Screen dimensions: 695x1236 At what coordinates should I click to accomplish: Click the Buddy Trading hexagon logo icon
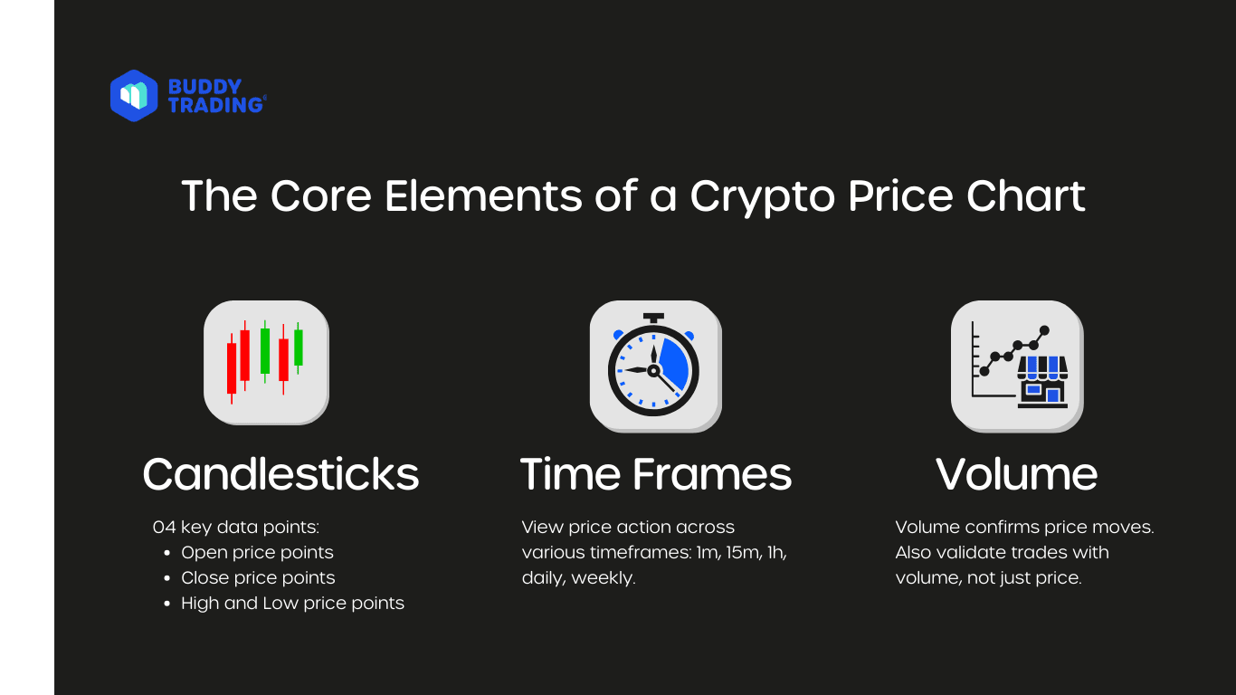pos(133,96)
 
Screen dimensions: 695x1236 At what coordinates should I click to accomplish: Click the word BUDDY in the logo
pos(204,87)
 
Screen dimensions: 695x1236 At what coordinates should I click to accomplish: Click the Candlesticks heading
pos(280,474)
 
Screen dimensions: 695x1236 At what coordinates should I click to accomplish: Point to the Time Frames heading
pos(656,474)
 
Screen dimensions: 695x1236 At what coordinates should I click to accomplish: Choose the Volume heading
pos(1016,474)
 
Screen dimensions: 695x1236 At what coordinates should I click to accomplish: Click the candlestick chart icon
pos(265,361)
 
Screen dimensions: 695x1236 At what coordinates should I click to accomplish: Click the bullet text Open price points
pos(257,552)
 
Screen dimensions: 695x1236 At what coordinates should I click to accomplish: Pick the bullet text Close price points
pos(258,577)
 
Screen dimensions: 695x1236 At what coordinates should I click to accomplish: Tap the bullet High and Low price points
pos(292,603)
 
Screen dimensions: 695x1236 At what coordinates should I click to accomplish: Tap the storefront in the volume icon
pos(1042,381)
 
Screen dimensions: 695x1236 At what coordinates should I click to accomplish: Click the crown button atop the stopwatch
pos(654,319)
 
